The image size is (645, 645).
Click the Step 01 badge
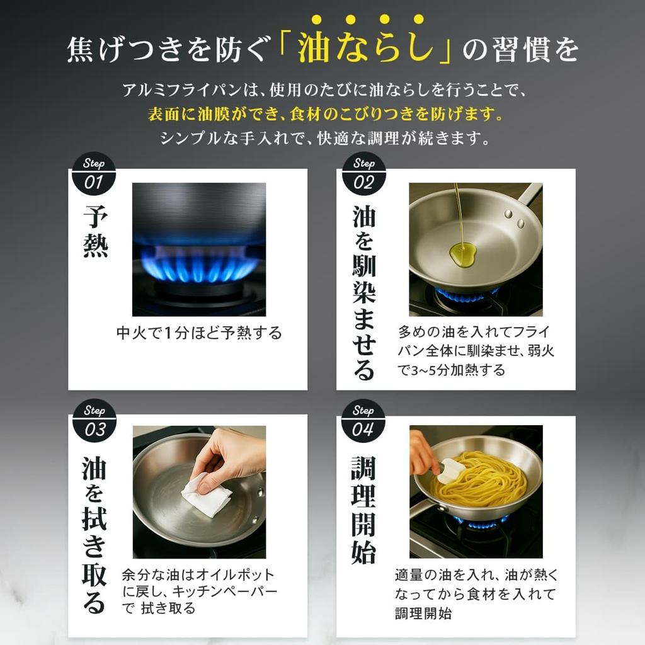tap(94, 174)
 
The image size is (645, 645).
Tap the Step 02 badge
tap(363, 174)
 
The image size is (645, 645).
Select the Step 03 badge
tap(94, 421)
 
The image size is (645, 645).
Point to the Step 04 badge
tap(363, 421)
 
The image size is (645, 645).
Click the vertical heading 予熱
tap(96, 231)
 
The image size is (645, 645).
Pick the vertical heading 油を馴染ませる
tap(363, 294)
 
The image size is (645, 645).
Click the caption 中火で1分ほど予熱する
tap(199, 333)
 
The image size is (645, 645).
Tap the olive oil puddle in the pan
tap(462, 254)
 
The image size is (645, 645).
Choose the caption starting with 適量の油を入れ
tap(476, 593)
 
